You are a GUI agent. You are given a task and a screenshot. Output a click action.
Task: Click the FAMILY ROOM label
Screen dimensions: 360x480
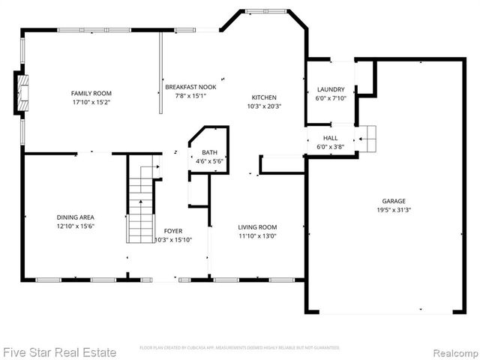tap(86, 93)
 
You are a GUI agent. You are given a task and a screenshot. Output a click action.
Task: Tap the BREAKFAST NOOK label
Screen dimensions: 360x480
tap(190, 87)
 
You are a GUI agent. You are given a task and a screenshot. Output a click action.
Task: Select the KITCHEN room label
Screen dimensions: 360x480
tap(264, 97)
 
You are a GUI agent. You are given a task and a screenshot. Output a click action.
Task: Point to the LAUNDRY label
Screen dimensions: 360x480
tap(331, 89)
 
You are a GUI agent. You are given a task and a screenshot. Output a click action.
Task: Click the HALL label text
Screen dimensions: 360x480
tap(330, 139)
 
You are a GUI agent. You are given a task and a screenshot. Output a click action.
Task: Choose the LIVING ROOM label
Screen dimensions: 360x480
tap(257, 227)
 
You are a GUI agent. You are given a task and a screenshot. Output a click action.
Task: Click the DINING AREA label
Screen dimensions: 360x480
tap(75, 217)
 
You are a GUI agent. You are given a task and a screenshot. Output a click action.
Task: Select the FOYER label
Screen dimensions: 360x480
tap(173, 231)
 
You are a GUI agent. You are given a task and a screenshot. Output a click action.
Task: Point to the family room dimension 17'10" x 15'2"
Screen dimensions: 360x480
tap(86, 102)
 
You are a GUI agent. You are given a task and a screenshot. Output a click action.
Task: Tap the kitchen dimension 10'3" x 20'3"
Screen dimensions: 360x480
tap(264, 106)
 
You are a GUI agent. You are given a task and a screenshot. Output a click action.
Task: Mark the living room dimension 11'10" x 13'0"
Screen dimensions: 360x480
tap(257, 236)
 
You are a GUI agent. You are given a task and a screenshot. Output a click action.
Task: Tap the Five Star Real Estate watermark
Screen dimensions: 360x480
tap(59, 352)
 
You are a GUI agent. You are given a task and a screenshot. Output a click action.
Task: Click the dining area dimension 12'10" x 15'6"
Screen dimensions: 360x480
tap(75, 226)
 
